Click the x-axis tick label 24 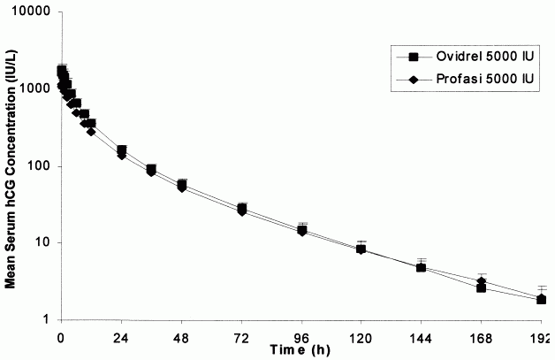[121, 338]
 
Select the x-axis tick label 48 [182, 338]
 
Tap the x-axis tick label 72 [242, 338]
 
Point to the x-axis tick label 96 [303, 338]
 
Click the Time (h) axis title [300, 350]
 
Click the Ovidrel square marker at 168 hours [482, 287]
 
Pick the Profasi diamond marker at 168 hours [482, 281]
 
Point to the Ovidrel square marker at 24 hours [121, 150]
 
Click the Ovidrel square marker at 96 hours [303, 230]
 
